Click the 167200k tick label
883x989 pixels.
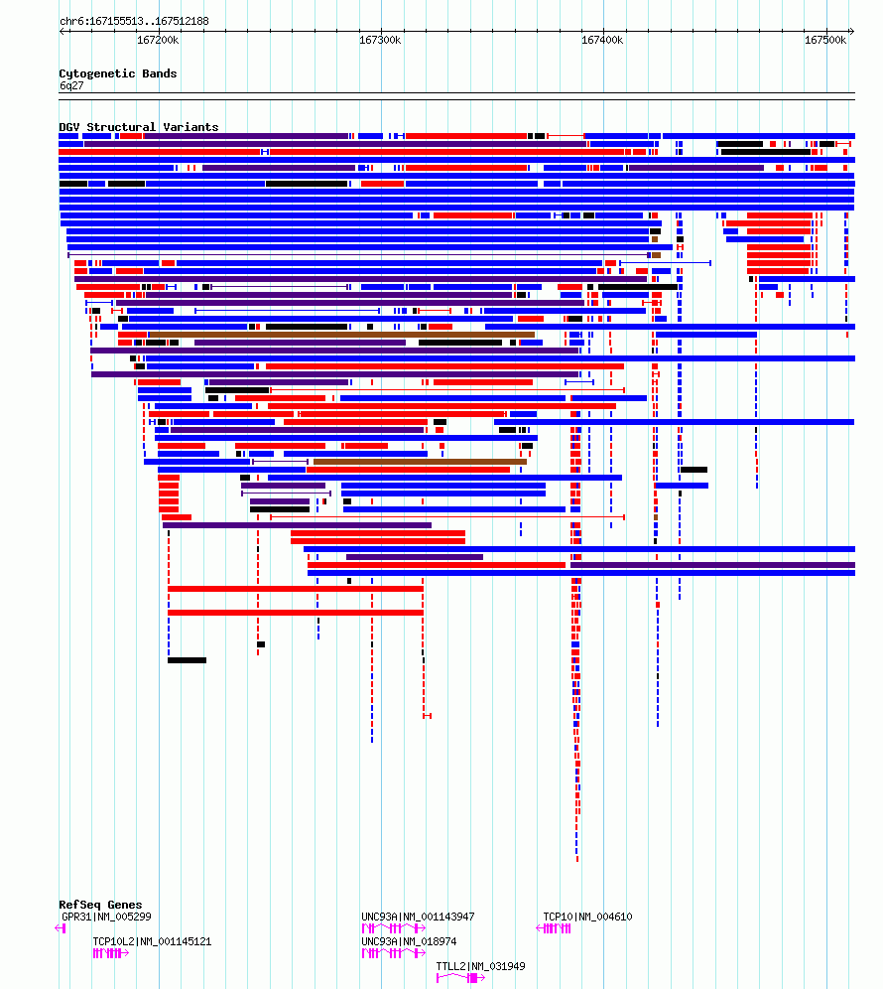158,41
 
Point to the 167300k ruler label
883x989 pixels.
380,41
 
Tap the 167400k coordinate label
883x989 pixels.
602,41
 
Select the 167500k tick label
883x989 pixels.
825,41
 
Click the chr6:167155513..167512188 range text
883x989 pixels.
134,21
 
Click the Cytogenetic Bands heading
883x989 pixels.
118,73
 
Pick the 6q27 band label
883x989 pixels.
71,85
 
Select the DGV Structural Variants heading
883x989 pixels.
139,127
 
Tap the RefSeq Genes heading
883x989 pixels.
100,905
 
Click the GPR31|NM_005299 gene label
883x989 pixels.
106,917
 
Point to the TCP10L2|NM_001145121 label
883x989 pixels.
152,941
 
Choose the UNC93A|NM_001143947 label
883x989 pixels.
418,917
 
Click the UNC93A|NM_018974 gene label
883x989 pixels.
409,941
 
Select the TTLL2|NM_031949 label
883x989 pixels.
480,965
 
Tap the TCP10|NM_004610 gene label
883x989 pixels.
587,917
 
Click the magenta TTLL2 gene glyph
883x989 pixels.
460,978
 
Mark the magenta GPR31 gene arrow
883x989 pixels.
61,927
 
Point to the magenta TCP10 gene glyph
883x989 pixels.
554,927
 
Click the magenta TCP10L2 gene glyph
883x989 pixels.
111,953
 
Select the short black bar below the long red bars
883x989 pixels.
188,660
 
